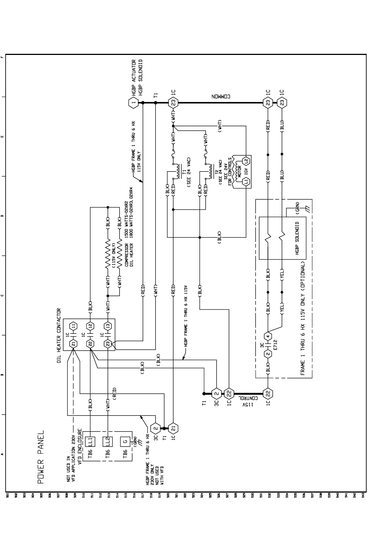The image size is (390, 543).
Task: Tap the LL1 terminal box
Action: coord(90,441)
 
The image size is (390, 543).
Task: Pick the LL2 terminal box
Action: coord(108,441)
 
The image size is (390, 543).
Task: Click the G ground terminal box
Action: coord(125,441)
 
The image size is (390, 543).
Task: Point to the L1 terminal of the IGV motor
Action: coord(246,182)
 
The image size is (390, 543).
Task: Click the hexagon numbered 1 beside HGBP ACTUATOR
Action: coord(133,102)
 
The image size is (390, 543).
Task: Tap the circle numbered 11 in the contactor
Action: coord(73,326)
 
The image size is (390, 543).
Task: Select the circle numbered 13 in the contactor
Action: coord(108,326)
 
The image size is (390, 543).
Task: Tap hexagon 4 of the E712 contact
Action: coord(268,336)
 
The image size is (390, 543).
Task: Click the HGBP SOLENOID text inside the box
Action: coord(297,238)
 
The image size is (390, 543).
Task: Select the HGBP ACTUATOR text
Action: coord(133,77)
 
